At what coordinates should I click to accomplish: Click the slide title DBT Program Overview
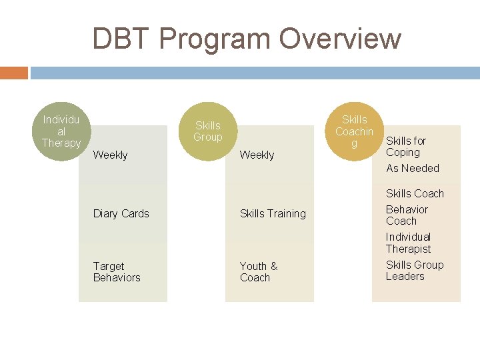tap(247, 39)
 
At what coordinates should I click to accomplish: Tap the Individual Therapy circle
tap(61, 131)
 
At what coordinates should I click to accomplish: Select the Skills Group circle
tap(207, 131)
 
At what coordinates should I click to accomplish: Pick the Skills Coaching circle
tap(354, 131)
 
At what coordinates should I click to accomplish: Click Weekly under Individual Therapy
tap(111, 155)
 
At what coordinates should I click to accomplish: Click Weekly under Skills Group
tap(257, 155)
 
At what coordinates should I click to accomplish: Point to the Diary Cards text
tap(121, 213)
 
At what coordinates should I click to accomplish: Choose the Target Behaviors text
tap(117, 271)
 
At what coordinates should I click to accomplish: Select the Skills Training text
tap(273, 213)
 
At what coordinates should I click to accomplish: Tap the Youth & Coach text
tap(259, 271)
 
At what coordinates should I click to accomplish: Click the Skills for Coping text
tap(405, 146)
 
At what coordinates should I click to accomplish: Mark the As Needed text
tap(413, 168)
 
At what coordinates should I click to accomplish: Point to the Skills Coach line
tap(415, 193)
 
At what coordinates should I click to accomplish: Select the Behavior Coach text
tap(407, 215)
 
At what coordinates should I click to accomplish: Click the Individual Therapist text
tap(408, 243)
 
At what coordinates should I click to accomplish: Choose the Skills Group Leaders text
tap(414, 270)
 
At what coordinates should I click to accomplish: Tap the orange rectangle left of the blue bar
tap(14, 73)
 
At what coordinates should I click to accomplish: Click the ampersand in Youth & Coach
tap(273, 266)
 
